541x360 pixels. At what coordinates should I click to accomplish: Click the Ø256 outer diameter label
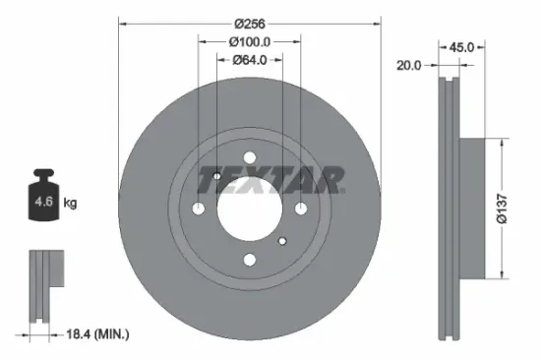coord(249,21)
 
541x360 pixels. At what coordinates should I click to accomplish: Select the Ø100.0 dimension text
coord(249,42)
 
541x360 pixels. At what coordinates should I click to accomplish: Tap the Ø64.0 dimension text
coord(249,61)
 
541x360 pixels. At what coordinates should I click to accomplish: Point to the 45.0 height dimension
coord(461,46)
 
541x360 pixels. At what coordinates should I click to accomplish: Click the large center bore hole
coord(249,208)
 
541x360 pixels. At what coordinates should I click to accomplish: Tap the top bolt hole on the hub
coord(249,156)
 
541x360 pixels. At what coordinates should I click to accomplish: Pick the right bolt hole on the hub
coord(300,208)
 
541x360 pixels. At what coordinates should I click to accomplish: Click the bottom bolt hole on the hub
coord(249,259)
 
